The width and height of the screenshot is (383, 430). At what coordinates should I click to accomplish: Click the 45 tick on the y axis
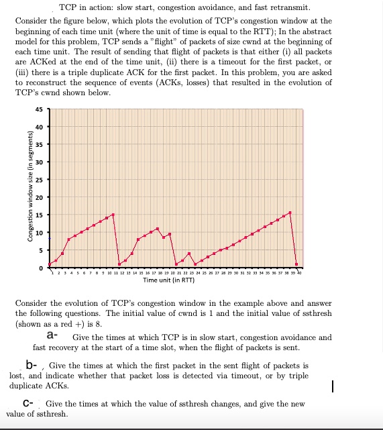tap(40, 110)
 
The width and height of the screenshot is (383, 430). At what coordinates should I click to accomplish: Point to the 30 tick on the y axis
tap(40, 162)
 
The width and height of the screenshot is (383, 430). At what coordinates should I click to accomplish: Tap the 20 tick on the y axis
tap(40, 197)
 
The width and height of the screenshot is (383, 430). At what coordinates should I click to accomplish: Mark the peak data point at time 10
tap(113, 215)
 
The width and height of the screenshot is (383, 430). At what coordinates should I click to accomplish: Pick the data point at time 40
tap(296, 264)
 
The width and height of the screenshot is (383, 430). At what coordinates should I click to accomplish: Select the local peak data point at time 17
tap(157, 229)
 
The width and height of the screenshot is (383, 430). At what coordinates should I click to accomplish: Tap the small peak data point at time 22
tap(188, 254)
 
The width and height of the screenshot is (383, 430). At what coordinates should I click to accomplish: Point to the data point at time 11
tap(119, 264)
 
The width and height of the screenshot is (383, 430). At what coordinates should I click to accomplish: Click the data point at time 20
tap(176, 264)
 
